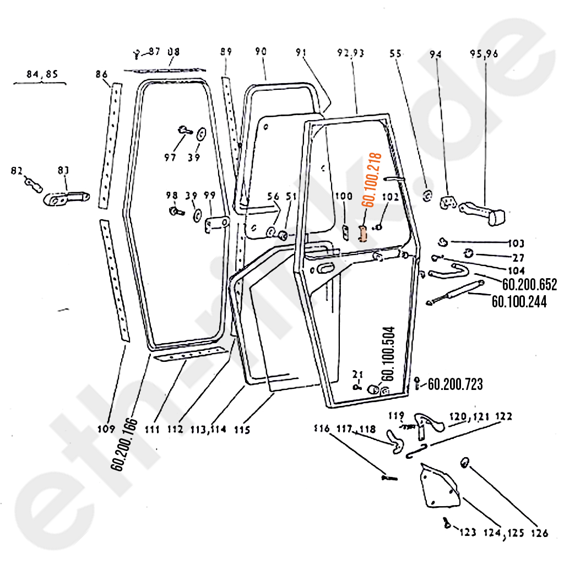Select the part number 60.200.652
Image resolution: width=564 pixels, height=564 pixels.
pos(529,285)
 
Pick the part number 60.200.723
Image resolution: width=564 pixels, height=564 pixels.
pos(455,384)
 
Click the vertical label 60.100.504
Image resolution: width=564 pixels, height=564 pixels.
pos(388,352)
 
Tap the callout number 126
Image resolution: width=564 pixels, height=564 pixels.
pos(540,533)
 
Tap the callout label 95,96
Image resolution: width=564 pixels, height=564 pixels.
pos(484,54)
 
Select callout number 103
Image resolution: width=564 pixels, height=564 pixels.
pos(517,243)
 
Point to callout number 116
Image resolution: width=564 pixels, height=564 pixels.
pos(322,429)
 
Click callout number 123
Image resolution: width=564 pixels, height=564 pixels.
pos(467,533)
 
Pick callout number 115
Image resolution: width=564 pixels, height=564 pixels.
pos(242,430)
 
